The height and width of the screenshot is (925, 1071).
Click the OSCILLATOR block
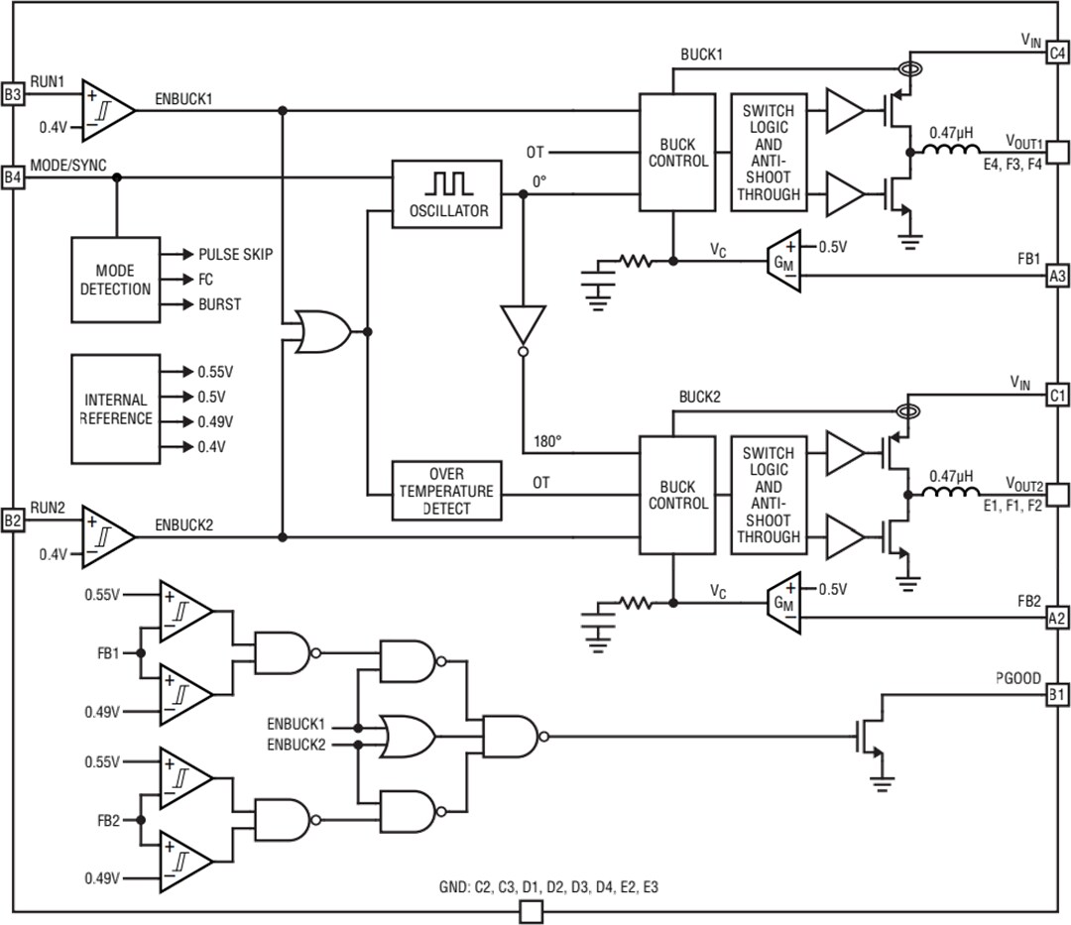point(449,193)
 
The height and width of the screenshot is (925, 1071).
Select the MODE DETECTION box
point(116,280)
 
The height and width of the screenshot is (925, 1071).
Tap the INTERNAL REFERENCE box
point(116,408)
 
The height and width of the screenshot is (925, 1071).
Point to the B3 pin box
point(12,94)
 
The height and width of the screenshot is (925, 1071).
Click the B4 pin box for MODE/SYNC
point(12,177)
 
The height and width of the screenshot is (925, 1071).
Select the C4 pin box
point(1058,54)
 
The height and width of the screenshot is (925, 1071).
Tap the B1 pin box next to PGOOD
point(1058,695)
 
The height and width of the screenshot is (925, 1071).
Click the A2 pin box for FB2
point(1058,618)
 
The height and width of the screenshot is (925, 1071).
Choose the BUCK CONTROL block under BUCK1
point(677,152)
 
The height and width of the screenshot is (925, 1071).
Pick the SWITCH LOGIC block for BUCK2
point(769,495)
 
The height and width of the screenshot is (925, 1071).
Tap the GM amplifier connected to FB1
point(785,261)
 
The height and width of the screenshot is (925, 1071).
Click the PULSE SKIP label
point(235,255)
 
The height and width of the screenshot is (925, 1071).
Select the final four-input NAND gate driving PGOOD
point(510,737)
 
